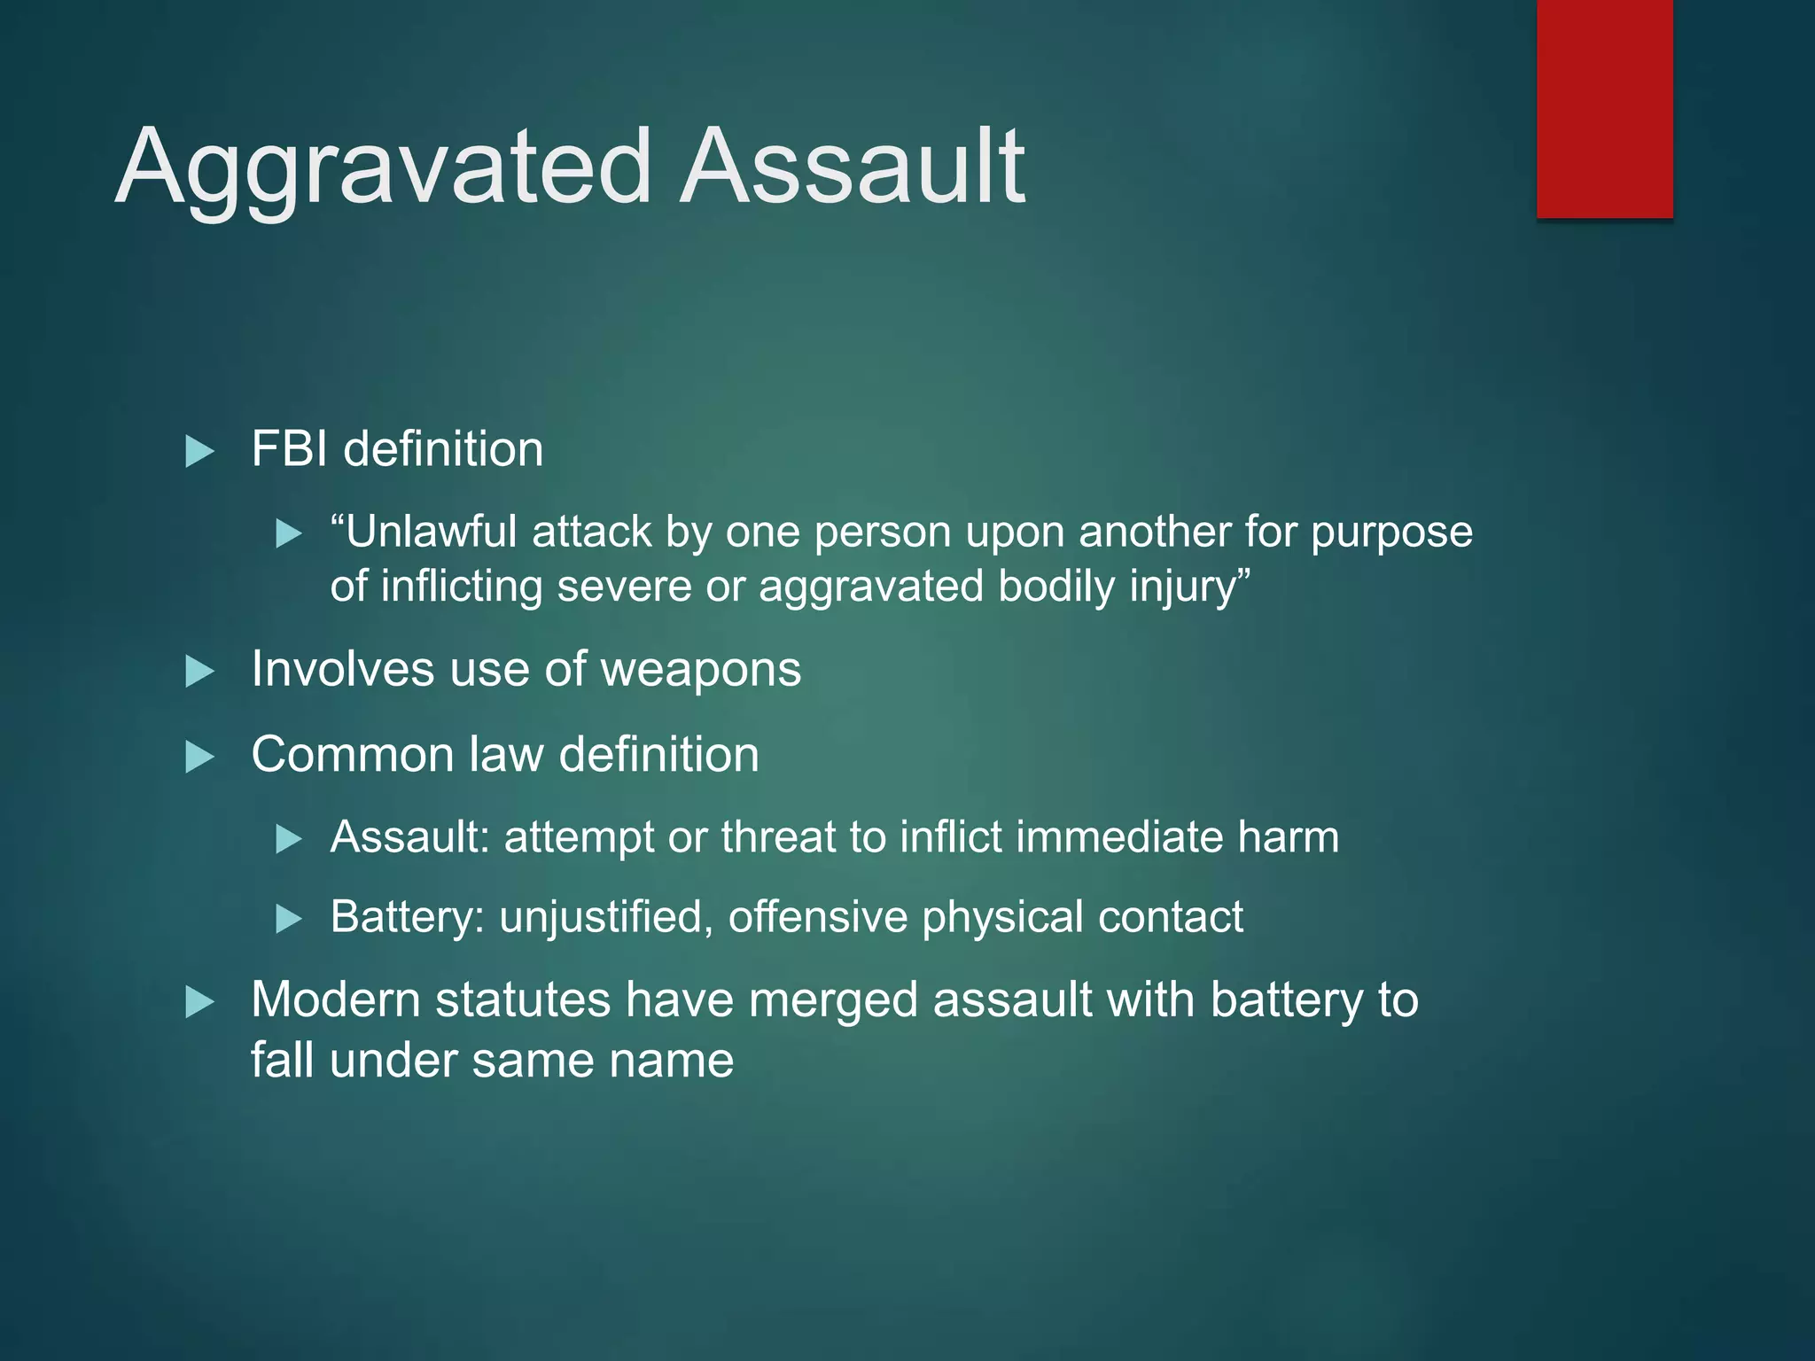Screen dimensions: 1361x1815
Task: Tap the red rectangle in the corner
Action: [x=1604, y=108]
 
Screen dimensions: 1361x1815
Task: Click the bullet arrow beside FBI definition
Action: [x=199, y=452]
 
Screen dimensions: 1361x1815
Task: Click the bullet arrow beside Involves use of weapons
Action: [x=199, y=672]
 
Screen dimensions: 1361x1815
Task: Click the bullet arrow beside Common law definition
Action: [x=199, y=758]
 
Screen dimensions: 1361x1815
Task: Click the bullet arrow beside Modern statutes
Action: [x=199, y=1003]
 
